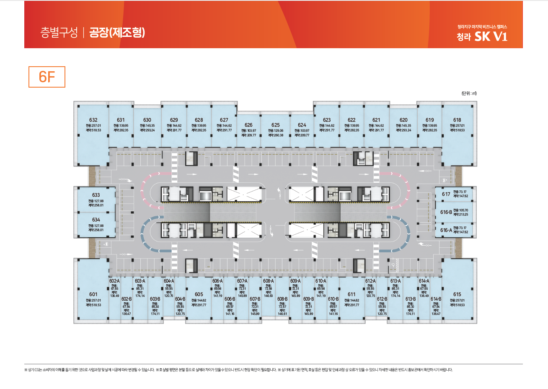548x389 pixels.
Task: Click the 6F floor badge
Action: pos(47,77)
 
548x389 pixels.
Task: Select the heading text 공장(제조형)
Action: pos(117,32)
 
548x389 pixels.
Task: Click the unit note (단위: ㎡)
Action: pos(469,93)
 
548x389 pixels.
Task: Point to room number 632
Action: pos(93,120)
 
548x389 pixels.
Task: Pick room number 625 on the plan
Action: pos(275,125)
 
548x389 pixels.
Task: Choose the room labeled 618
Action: pos(457,120)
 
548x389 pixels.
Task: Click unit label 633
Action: pos(96,195)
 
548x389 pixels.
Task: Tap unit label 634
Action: pos(96,220)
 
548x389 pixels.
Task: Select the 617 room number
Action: pos(446,194)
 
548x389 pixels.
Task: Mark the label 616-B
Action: pos(446,212)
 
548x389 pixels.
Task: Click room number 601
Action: pos(93,294)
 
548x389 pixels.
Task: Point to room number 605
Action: pos(199,294)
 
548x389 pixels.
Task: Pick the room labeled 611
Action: pos(352,294)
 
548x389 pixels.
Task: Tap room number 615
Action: pos(457,294)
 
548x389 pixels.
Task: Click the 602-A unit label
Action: pos(114,281)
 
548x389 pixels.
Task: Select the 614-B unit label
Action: pos(436,299)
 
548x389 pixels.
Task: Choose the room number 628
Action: pos(199,120)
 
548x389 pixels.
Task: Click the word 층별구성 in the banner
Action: pos(59,33)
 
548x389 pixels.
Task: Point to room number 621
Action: pos(376,120)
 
